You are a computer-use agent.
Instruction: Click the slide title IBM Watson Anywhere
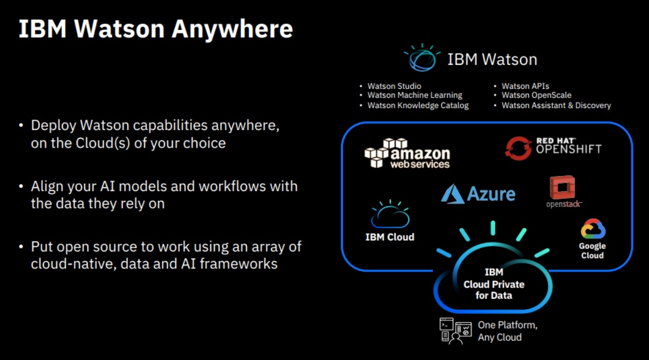(156, 29)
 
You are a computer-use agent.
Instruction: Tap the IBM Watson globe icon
(422, 58)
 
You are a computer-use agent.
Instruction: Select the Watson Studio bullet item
(394, 86)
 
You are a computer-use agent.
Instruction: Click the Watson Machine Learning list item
(414, 95)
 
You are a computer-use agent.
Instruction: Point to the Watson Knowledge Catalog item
(417, 105)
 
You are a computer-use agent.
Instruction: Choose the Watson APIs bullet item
(525, 86)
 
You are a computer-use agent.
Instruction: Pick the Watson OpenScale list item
(536, 95)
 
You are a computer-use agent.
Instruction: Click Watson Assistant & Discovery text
(556, 105)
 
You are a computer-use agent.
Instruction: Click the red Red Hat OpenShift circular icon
(518, 148)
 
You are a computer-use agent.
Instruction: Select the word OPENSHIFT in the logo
(568, 149)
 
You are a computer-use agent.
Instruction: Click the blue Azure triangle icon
(452, 194)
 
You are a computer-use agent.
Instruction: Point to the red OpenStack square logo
(561, 188)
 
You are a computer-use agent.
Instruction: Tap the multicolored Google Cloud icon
(592, 229)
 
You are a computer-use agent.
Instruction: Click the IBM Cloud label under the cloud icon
(390, 237)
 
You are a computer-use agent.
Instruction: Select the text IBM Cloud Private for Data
(494, 284)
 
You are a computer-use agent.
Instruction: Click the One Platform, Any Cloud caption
(507, 331)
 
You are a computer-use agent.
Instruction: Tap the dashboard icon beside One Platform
(455, 331)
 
